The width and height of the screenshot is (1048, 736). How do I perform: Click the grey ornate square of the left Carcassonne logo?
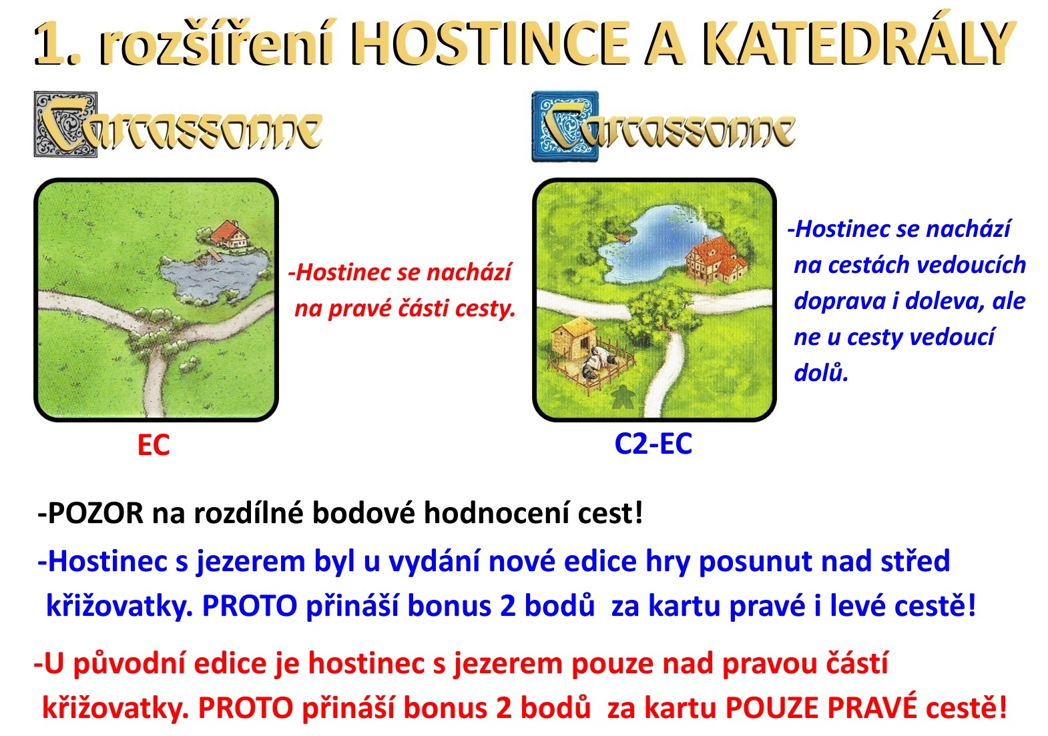pyautogui.click(x=65, y=124)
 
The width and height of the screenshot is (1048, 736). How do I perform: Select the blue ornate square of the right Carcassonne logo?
pyautogui.click(x=565, y=126)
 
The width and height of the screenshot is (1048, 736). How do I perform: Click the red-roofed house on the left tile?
pyautogui.click(x=229, y=233)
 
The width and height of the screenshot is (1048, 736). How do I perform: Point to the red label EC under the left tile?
pyautogui.click(x=154, y=444)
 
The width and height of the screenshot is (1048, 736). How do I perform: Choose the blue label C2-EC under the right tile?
pyautogui.click(x=653, y=444)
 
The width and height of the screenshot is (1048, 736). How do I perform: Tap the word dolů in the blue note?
pyautogui.click(x=820, y=372)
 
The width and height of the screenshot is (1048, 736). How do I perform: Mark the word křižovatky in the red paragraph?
pyautogui.click(x=115, y=709)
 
